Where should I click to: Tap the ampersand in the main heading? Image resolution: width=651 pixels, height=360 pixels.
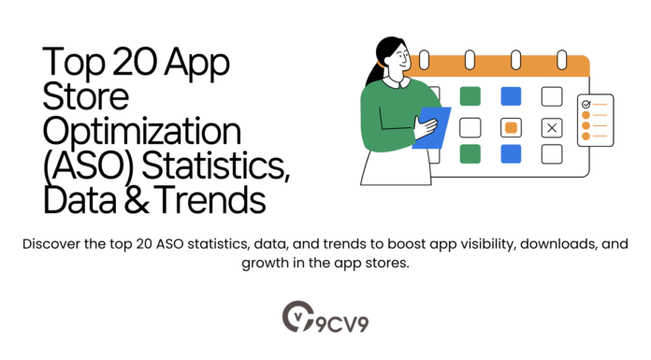(x=119, y=198)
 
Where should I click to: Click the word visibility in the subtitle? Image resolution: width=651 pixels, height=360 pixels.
(x=413, y=245)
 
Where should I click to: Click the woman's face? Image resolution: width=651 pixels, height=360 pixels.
(x=397, y=60)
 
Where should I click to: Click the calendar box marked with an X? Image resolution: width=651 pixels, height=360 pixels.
(x=551, y=127)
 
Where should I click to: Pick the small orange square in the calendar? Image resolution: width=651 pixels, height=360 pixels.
(x=511, y=127)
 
